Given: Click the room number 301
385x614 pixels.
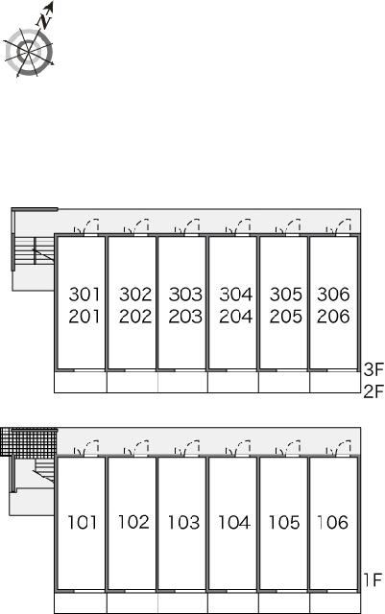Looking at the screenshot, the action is pos(84,295).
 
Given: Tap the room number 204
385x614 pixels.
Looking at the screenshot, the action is pos(235,317).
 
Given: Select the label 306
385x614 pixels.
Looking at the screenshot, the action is pos(333,295).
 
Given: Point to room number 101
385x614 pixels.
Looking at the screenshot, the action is pos(83,522).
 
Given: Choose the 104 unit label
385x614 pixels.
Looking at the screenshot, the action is pos(234,522).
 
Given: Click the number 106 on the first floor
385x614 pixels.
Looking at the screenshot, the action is pos(332,522).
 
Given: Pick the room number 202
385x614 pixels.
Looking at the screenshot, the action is pos(135,317).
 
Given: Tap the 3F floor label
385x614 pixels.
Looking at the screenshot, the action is pos(373,369).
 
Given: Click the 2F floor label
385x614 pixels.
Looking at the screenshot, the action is pos(373,391).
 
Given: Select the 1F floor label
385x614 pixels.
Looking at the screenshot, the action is pos(373,579).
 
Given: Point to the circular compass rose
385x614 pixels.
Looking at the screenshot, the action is pos(29,52).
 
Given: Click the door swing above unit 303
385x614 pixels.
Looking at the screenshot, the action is pos(187,226).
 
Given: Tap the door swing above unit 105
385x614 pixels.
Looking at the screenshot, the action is pos(288,449).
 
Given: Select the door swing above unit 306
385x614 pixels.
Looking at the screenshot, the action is pos(339,226).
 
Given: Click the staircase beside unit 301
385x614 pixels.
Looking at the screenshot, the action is pos(35,251).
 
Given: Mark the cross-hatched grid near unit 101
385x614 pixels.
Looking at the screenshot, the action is pos(29,441).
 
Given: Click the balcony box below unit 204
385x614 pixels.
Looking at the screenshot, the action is pos(233,382).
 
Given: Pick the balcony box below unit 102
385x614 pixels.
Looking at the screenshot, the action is pos(132,603).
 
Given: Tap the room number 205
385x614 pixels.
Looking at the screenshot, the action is pos(286,317).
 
